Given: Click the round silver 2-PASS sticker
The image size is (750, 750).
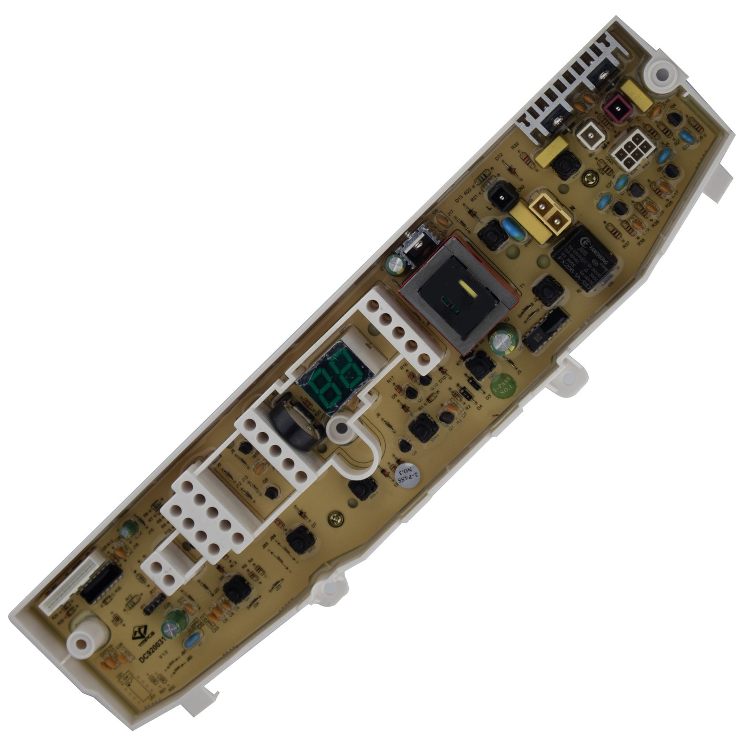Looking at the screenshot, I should pos(406,476).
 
